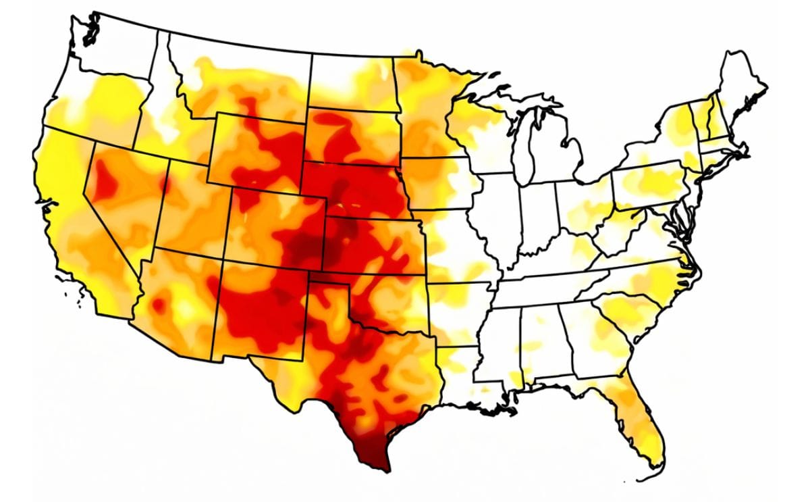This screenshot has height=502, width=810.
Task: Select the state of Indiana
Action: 537,216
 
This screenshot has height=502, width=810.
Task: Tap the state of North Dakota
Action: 351,81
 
